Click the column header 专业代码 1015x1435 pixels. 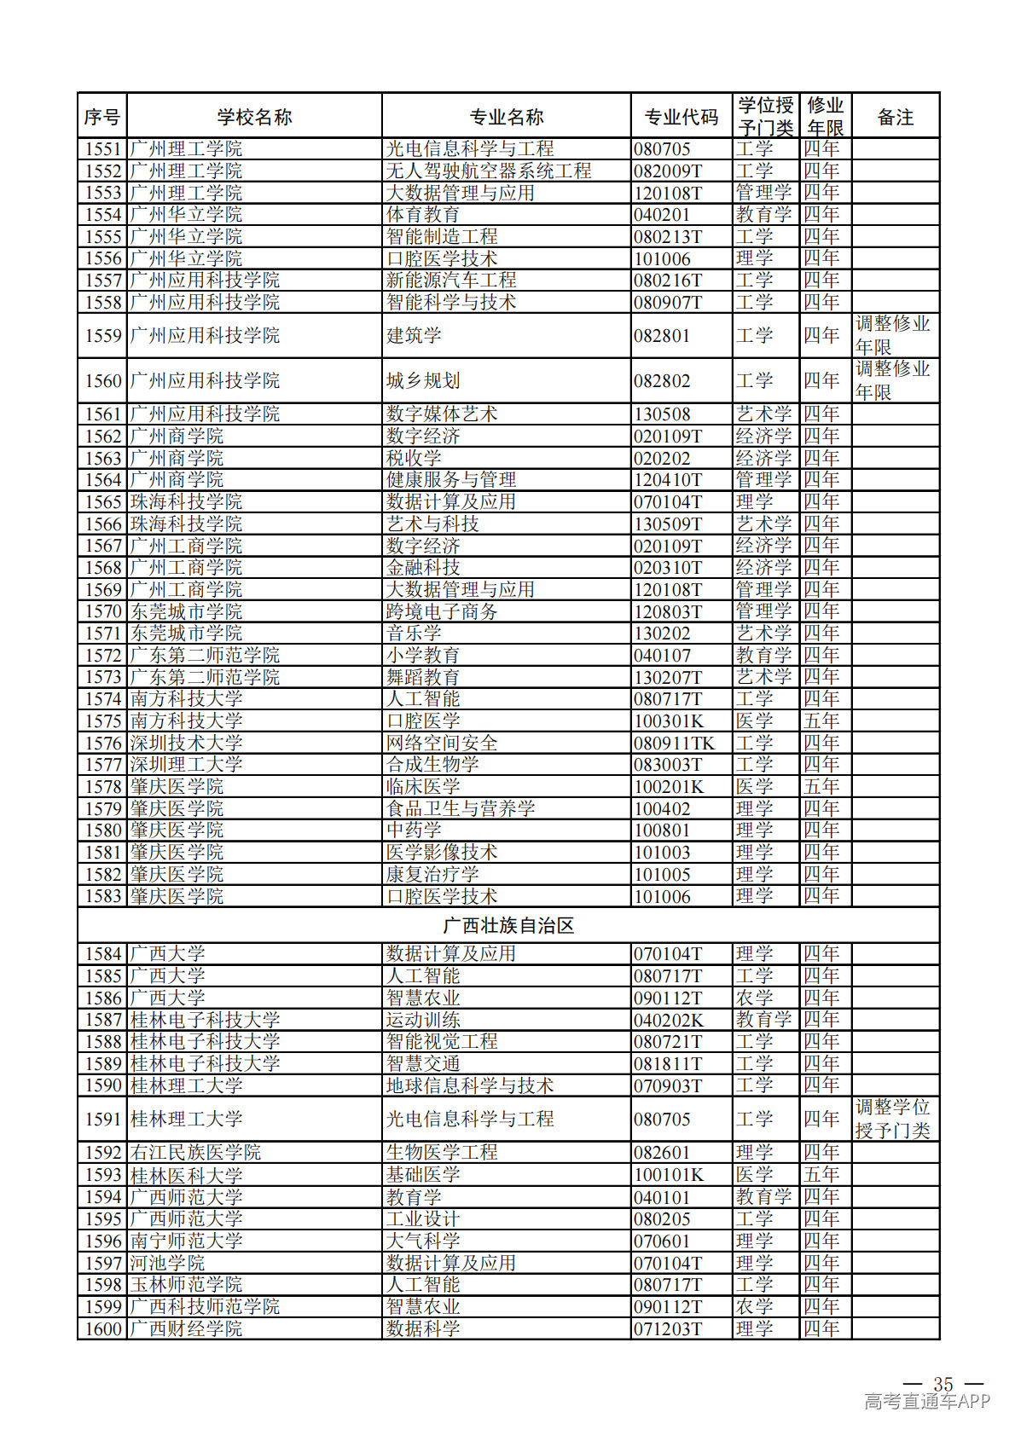[x=681, y=117]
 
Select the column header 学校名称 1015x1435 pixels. [x=254, y=117]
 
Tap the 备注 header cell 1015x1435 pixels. [x=895, y=117]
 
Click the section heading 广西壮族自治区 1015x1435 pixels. [x=508, y=925]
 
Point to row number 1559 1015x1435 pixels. [x=103, y=336]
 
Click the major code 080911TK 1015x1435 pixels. [x=674, y=743]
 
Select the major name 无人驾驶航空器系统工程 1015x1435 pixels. [x=489, y=171]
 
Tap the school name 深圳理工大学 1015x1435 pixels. [x=186, y=765]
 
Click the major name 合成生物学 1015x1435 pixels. [x=432, y=765]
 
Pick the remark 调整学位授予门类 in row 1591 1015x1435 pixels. [x=893, y=1119]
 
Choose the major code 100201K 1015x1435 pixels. [x=669, y=787]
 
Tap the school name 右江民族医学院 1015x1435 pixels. [x=195, y=1153]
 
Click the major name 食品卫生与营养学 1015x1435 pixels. [x=461, y=808]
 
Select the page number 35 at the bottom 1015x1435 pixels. [x=942, y=1384]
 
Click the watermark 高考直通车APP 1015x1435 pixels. [x=927, y=1401]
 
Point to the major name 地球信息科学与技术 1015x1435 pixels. [x=470, y=1085]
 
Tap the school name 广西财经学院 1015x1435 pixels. [x=186, y=1328]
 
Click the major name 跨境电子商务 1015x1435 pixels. [x=442, y=611]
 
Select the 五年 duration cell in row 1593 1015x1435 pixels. [x=821, y=1175]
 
